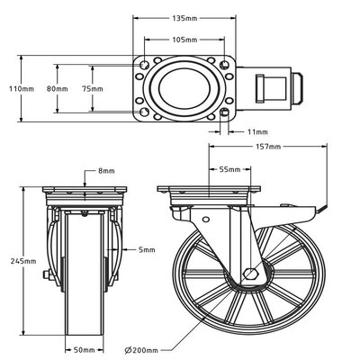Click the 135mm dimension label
point(186,17)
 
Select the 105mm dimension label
point(186,40)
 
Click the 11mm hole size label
point(260,133)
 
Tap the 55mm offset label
point(230,168)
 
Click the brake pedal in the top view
point(273,89)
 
